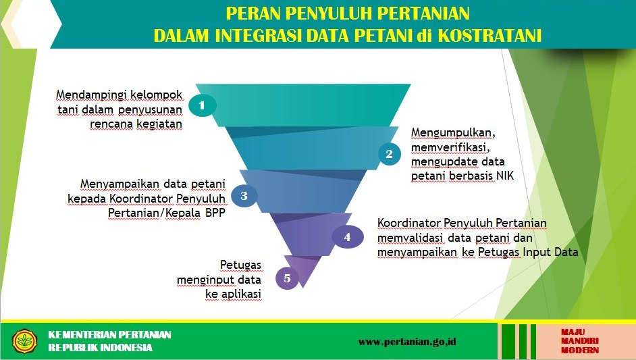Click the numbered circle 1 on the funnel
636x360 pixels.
(202, 105)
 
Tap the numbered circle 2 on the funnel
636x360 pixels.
(390, 154)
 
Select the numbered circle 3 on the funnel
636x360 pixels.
(244, 196)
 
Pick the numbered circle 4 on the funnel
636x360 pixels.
(347, 236)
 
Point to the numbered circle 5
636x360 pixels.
(287, 278)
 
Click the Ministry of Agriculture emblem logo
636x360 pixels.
(24, 341)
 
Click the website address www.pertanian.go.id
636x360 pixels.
(407, 341)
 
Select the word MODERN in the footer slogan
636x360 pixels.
(580, 350)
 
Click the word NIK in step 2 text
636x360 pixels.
(505, 176)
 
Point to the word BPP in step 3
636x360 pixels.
(215, 212)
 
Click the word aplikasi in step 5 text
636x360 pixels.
(240, 294)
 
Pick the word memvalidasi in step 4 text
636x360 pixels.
(410, 238)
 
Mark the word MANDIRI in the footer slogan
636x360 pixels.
(580, 341)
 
